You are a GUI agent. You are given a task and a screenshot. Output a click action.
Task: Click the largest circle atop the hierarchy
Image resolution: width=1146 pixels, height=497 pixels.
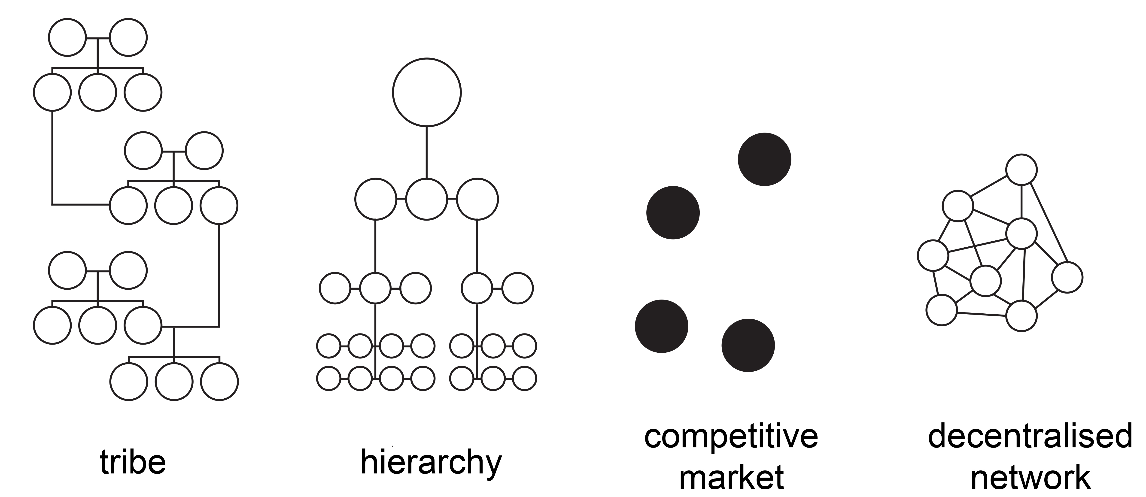(x=427, y=92)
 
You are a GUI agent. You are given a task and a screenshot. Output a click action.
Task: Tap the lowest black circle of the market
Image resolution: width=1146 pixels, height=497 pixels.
(x=748, y=345)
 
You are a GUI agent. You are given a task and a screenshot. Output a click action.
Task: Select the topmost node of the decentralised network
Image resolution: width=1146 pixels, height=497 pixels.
(x=1021, y=170)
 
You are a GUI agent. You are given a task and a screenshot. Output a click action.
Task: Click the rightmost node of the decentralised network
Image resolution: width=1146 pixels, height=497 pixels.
(x=1067, y=277)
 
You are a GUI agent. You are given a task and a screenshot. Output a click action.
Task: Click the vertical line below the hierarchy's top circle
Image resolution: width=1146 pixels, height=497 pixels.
(x=427, y=153)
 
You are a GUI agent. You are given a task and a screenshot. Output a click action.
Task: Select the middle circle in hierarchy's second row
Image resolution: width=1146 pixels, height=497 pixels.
(x=427, y=199)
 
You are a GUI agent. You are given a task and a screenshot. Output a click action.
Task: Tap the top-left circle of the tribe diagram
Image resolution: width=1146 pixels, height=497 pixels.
(x=67, y=37)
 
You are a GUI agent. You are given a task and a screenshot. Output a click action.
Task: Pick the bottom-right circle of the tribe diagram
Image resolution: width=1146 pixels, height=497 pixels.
(x=219, y=382)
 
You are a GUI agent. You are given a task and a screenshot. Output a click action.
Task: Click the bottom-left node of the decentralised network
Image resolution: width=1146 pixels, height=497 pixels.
(x=941, y=310)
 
